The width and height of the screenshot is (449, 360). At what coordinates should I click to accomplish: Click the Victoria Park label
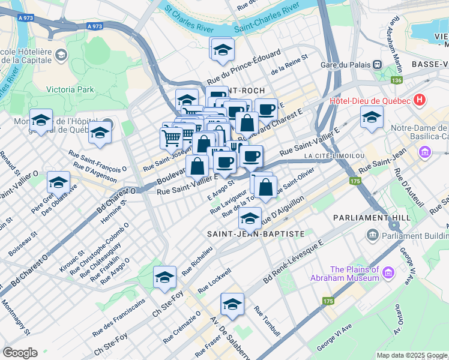pos(70,89)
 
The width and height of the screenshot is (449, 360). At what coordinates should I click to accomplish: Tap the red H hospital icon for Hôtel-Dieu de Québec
pos(420,100)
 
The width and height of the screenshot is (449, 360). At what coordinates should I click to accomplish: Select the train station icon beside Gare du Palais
pos(377,65)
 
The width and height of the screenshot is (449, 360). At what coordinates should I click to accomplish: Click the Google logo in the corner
pos(20,353)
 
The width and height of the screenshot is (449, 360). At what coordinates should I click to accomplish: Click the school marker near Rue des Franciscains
pos(164,277)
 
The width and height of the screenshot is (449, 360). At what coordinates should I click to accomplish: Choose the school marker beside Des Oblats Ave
pos(58,181)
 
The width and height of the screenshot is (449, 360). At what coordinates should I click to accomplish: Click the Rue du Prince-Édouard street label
pos(244,67)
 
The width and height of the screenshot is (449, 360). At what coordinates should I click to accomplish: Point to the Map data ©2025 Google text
pos(411,355)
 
